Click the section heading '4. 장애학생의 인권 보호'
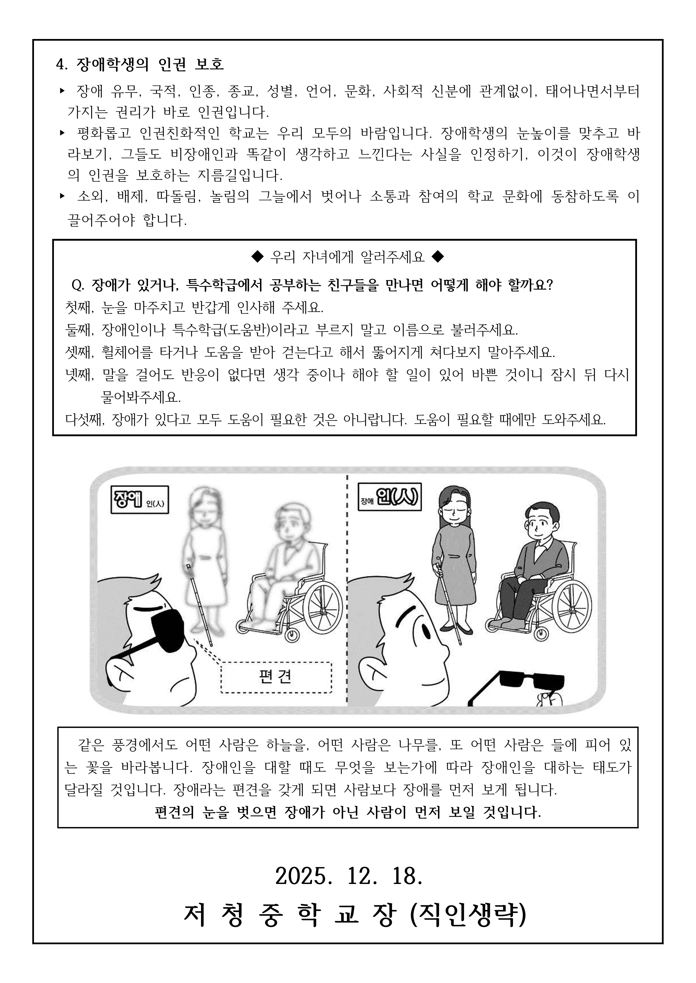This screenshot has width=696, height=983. click(140, 64)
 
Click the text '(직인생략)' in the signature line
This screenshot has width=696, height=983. click(467, 915)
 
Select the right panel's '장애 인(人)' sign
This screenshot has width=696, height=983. click(389, 497)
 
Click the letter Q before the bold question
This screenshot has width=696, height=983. click(77, 285)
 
